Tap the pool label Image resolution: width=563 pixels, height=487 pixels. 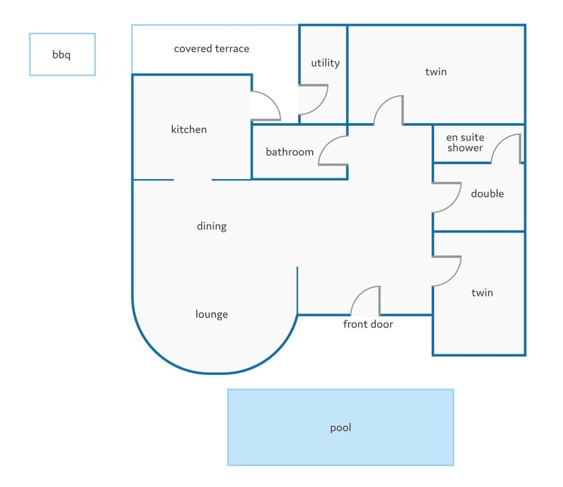[340, 428]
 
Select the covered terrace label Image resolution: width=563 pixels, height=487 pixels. [212, 49]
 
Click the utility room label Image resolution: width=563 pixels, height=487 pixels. [325, 63]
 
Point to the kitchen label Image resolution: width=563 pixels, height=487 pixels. [189, 129]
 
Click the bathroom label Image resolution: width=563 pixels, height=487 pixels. [290, 152]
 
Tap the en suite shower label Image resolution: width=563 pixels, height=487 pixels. [465, 142]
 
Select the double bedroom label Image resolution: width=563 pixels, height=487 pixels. [487, 193]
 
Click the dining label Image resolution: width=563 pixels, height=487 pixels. [212, 226]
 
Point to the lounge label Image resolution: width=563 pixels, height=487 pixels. [212, 314]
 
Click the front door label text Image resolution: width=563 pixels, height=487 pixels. [368, 324]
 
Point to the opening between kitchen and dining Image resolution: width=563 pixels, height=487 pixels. [193, 179]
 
